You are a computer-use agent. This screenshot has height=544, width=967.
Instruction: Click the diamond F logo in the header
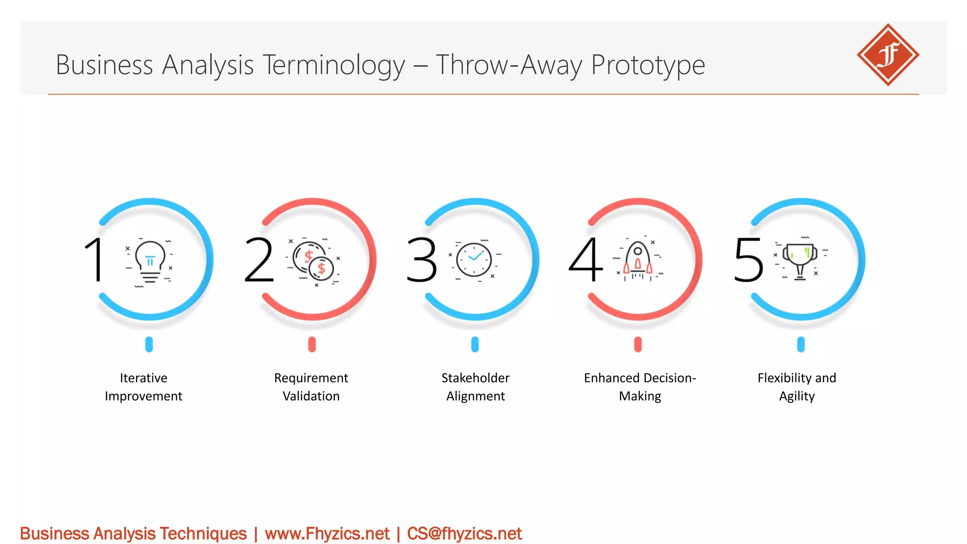(888, 55)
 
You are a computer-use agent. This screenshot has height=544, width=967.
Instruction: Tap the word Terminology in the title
(333, 65)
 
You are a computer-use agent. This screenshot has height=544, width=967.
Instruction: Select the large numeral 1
(94, 259)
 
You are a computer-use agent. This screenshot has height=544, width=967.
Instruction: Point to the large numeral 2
(259, 259)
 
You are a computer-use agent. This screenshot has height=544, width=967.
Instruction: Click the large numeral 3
(422, 259)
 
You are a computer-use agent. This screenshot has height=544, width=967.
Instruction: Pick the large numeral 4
(585, 259)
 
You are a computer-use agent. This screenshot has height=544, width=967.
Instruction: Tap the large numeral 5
(748, 259)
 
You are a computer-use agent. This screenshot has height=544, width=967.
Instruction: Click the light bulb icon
(150, 261)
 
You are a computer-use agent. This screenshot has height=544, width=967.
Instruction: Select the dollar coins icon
(313, 261)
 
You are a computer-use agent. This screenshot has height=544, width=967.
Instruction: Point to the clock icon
(474, 259)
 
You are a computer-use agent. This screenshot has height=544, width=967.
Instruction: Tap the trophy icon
(800, 260)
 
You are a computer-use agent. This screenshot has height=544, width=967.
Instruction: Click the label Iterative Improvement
(144, 387)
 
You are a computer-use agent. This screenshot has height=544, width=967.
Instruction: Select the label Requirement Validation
(311, 387)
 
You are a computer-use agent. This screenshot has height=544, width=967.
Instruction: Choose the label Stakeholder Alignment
(475, 387)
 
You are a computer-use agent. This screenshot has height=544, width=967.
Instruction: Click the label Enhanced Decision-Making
(640, 387)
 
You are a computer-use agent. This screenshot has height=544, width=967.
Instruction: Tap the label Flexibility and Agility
(797, 387)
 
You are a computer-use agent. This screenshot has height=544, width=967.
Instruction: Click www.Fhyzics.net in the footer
(327, 534)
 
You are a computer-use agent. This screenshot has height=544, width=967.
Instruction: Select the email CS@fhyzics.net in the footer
(464, 534)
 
